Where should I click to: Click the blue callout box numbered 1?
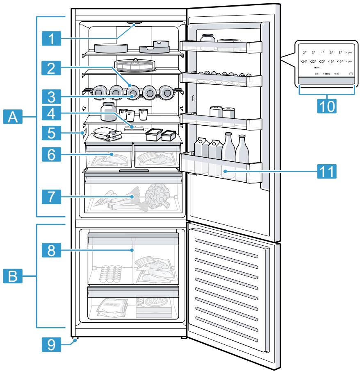click(x=51, y=39)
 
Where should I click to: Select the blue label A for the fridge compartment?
click(x=13, y=118)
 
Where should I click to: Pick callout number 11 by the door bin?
click(x=326, y=169)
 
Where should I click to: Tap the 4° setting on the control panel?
click(x=322, y=53)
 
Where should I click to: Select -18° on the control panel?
click(x=331, y=61)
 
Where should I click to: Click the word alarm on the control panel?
click(x=317, y=67)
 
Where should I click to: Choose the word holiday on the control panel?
click(x=326, y=74)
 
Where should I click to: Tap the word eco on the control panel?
click(x=317, y=74)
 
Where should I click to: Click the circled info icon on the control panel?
click(x=351, y=74)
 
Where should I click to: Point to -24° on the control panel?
click(x=304, y=61)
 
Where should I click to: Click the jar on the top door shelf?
click(x=207, y=39)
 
